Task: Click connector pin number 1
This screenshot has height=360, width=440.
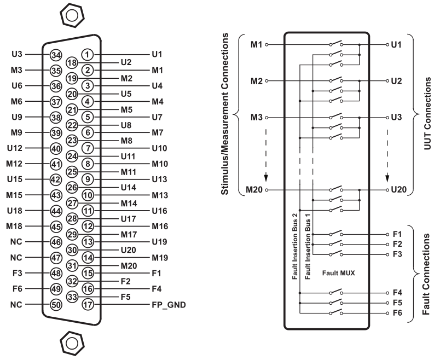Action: (x=88, y=54)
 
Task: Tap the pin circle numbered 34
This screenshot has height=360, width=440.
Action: (x=56, y=55)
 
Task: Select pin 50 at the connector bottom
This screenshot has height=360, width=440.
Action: (x=56, y=305)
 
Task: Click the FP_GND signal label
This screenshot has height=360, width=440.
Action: (x=169, y=305)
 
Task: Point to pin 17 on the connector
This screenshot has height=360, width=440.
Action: (x=88, y=304)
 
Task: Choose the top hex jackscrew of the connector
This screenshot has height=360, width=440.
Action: (x=72, y=15)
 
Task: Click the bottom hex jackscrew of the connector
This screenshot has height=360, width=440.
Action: (x=72, y=343)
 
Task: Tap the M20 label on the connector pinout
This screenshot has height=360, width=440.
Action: (x=129, y=266)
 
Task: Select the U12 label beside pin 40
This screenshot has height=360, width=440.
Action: (x=15, y=148)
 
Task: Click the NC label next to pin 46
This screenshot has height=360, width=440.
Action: (x=16, y=242)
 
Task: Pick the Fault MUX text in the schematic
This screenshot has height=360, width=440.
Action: (x=338, y=273)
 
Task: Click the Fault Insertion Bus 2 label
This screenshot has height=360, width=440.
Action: (x=294, y=246)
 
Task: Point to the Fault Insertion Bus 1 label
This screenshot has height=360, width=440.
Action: (x=308, y=246)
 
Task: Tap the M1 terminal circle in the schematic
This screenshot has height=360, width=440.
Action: (x=267, y=45)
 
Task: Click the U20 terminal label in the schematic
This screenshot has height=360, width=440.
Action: (x=399, y=190)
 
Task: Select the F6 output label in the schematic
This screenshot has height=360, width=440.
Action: (x=397, y=312)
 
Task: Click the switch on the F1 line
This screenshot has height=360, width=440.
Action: (x=336, y=234)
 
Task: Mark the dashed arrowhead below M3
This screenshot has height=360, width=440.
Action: (x=266, y=178)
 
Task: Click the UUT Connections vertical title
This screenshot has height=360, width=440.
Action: (x=427, y=113)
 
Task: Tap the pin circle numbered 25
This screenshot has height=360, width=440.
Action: (x=72, y=172)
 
